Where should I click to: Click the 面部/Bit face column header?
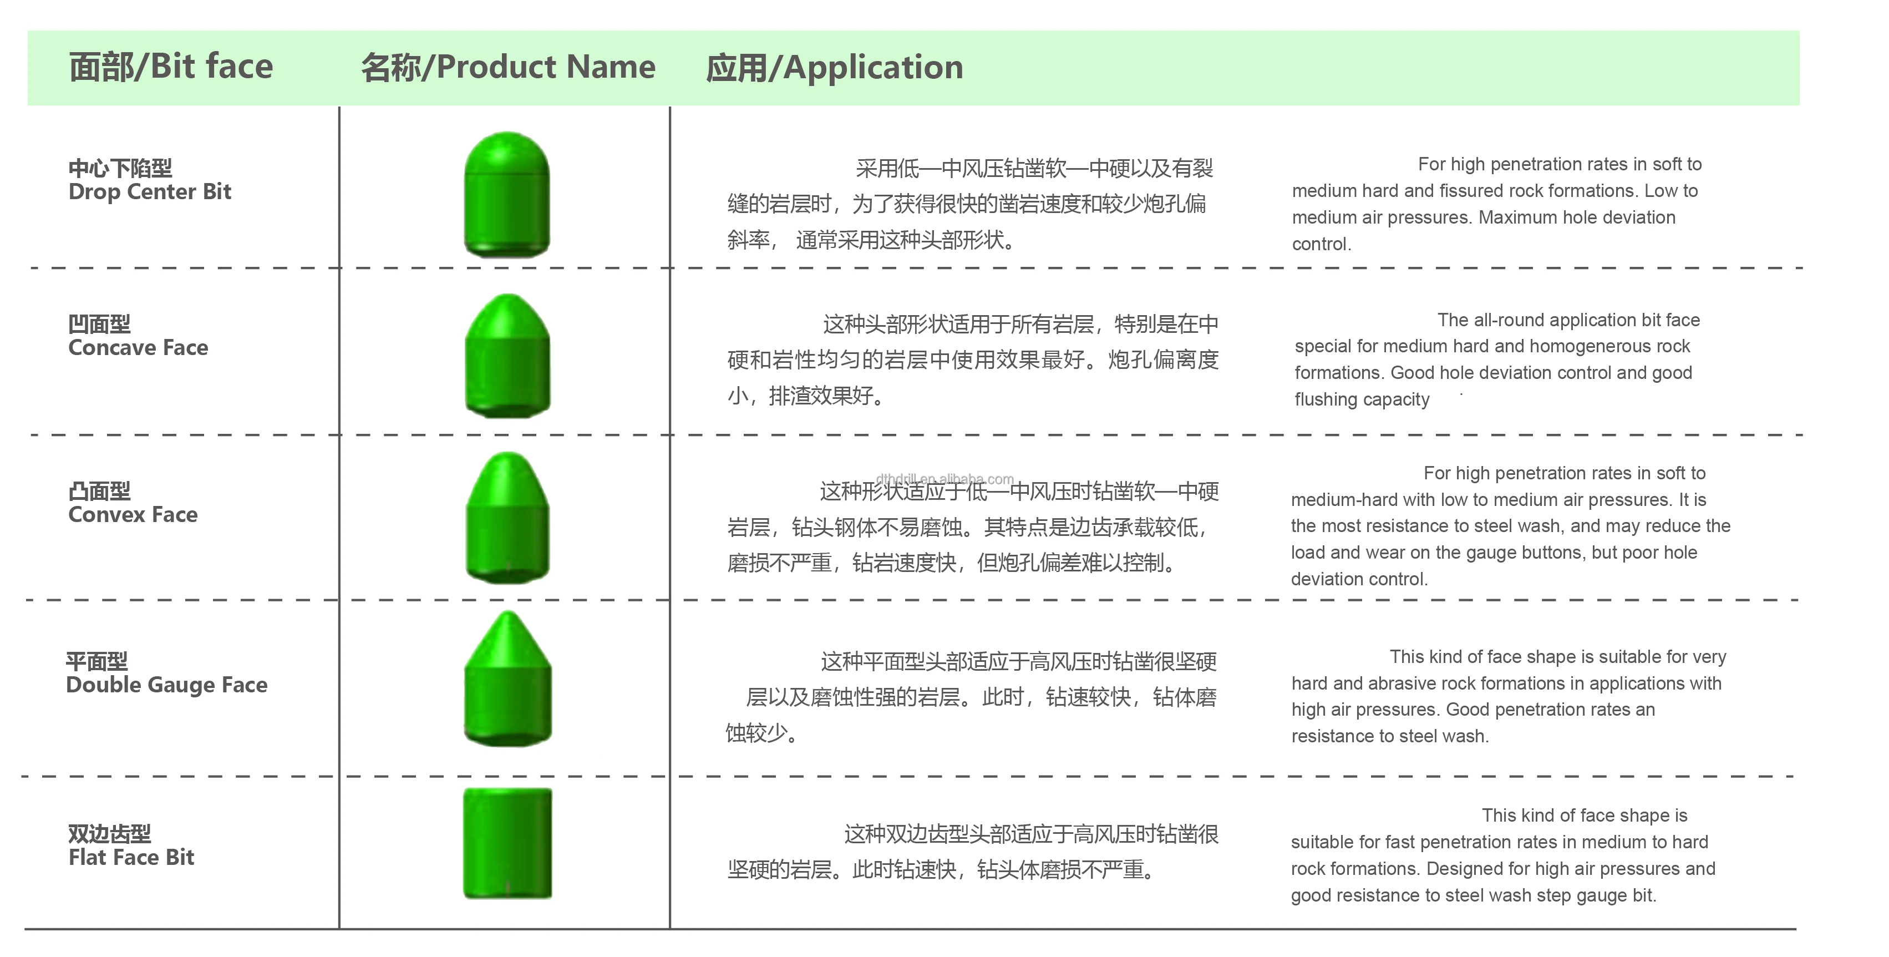coord(171,67)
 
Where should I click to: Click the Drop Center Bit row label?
coord(150,192)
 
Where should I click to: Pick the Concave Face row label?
coord(138,348)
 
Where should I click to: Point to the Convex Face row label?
coord(133,515)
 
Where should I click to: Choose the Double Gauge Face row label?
coord(166,685)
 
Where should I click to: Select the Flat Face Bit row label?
coord(131,857)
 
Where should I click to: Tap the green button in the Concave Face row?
coord(507,356)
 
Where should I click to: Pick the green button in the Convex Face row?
coord(507,518)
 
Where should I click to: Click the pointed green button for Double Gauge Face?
coord(507,680)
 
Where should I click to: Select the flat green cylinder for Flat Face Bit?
coord(507,843)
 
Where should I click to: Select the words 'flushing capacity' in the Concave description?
coord(1362,399)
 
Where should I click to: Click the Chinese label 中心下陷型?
coord(120,168)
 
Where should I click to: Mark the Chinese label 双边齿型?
coord(109,834)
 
